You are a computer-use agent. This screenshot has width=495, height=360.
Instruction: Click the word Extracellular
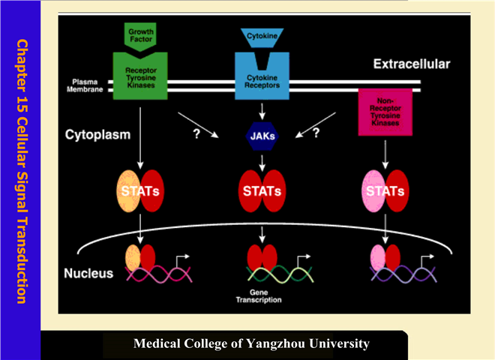tap(412, 64)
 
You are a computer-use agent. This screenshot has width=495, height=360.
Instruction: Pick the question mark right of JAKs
tap(316, 133)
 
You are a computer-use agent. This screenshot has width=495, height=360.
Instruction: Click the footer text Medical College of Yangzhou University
tap(251, 344)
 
